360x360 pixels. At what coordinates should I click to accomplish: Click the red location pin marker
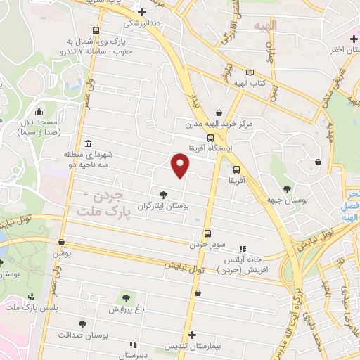pyautogui.click(x=181, y=166)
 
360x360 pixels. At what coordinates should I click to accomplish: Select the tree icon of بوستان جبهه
pyautogui.click(x=286, y=188)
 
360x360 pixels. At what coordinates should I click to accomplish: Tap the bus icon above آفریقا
pyautogui.click(x=236, y=169)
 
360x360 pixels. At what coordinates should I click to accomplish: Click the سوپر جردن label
pyautogui.click(x=207, y=245)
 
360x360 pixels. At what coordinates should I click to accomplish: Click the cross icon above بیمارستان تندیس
pyautogui.click(x=192, y=335)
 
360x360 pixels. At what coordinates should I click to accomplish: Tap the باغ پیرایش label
pyautogui.click(x=127, y=309)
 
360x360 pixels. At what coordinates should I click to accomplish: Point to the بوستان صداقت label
pyautogui.click(x=83, y=336)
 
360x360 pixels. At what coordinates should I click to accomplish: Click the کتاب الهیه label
pyautogui.click(x=249, y=84)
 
